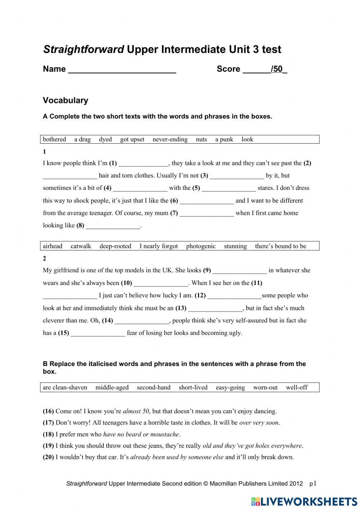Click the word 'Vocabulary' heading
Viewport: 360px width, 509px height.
(x=65, y=101)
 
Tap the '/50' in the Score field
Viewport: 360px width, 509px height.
(x=277, y=69)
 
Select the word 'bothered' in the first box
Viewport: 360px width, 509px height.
(x=54, y=139)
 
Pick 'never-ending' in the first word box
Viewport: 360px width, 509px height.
(x=170, y=139)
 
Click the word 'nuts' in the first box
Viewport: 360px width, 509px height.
(x=201, y=139)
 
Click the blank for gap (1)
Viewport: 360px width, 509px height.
(x=143, y=164)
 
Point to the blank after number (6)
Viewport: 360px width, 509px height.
(x=207, y=201)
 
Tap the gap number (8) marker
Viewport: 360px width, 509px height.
(x=80, y=226)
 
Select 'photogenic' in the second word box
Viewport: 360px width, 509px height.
(x=201, y=246)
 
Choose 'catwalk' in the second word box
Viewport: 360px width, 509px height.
(x=81, y=246)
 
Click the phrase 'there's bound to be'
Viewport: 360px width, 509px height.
(x=280, y=246)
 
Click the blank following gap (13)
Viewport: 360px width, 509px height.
(x=215, y=309)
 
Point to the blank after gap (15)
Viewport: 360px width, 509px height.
(x=98, y=334)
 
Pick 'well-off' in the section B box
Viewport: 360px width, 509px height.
(x=297, y=388)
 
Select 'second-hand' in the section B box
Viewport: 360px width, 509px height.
(x=153, y=388)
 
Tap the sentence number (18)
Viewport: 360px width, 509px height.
(x=48, y=434)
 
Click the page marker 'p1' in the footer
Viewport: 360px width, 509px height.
(x=313, y=483)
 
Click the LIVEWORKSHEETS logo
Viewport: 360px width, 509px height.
(x=304, y=501)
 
